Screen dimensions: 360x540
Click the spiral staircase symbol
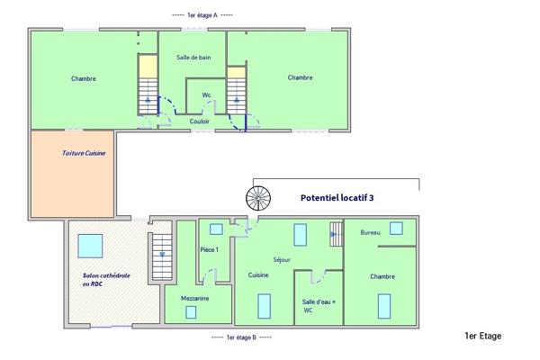point(257,198)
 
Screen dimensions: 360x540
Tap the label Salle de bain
point(193,58)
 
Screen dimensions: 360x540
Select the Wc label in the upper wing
point(206,94)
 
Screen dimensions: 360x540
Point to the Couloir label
point(200,121)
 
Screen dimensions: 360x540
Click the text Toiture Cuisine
point(84,153)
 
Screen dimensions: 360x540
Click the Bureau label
point(370,232)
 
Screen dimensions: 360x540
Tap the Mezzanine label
point(194,296)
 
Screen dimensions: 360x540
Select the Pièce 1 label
point(210,249)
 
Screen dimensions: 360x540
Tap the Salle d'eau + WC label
point(319,306)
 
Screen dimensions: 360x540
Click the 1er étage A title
point(202,15)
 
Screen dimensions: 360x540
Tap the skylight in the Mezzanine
point(191,311)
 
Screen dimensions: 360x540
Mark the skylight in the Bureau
point(396,229)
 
